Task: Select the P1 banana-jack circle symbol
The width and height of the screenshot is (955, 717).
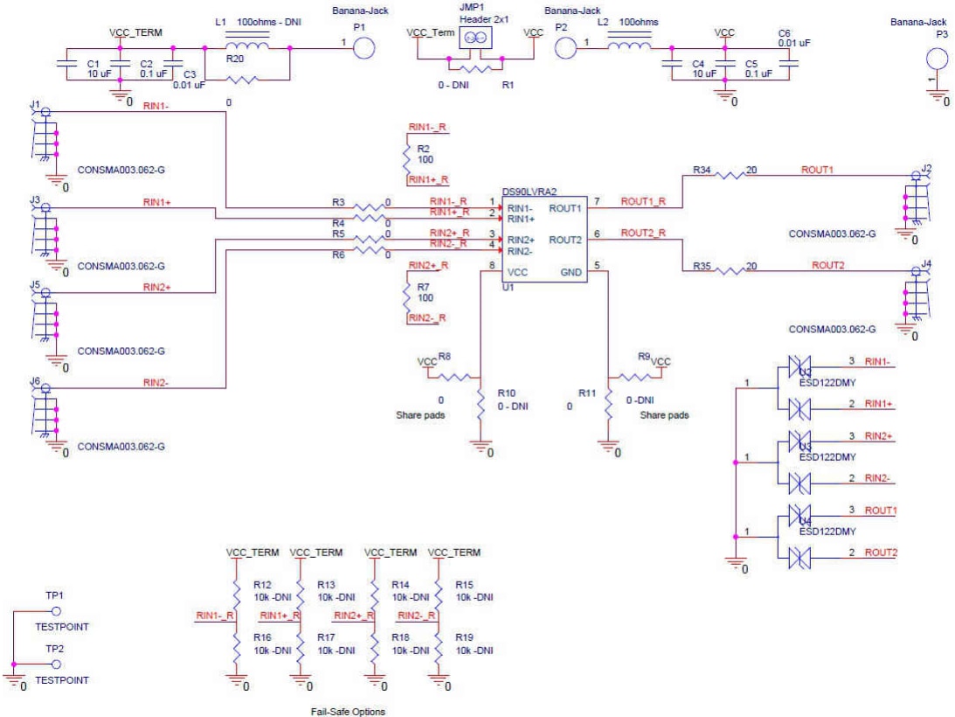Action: pos(365,48)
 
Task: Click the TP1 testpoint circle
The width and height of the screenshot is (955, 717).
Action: pos(55,610)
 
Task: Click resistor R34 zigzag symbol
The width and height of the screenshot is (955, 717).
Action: pos(730,175)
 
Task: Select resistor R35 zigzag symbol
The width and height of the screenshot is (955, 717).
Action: pos(730,271)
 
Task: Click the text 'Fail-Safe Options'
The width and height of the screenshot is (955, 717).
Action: pos(348,711)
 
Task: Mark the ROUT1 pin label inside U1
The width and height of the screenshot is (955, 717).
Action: pos(564,209)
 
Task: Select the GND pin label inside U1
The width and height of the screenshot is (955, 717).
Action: pos(571,272)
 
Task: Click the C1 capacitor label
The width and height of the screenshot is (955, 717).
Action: pos(94,64)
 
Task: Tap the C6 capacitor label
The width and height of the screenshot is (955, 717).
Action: pos(784,32)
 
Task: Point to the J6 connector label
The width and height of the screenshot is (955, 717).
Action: pos(35,381)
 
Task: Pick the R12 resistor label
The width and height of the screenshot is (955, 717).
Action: pos(263,584)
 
